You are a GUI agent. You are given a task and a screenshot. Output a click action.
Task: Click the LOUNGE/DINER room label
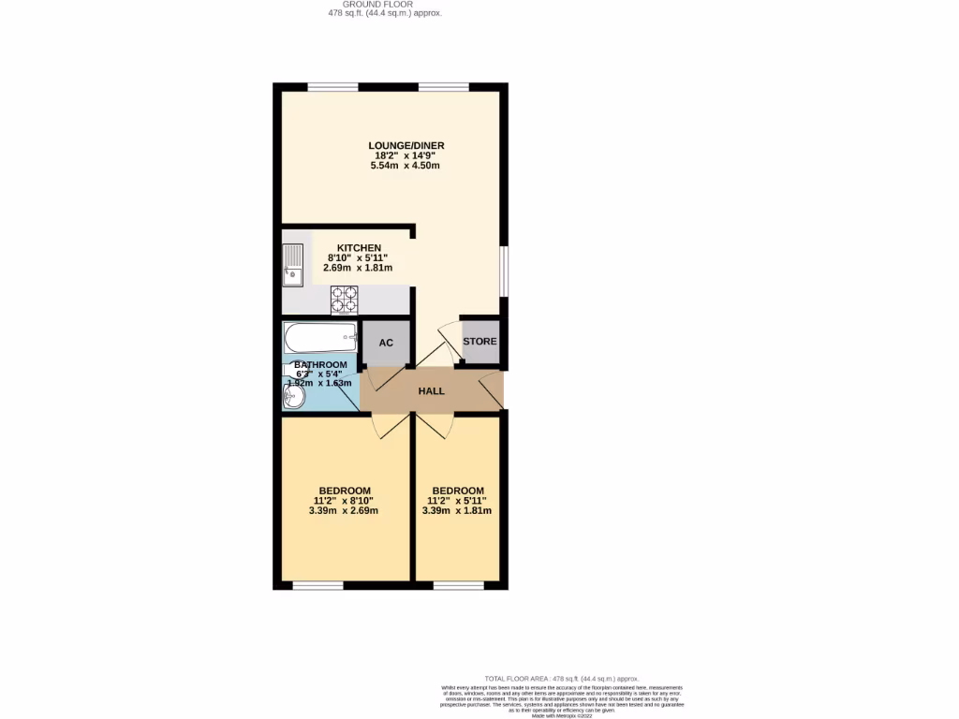406,146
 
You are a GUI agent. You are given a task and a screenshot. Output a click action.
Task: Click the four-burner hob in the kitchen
344,299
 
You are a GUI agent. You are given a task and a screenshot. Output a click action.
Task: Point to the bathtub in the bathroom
320,336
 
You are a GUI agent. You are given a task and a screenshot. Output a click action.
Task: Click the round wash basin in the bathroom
293,398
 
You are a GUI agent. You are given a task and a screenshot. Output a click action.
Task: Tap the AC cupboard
386,344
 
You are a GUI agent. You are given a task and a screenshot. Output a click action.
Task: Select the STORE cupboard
479,342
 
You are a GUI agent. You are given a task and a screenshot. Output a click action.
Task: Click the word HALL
431,391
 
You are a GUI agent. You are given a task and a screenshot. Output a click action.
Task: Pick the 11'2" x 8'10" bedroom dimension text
345,501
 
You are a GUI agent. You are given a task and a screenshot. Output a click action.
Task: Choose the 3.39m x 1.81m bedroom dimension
457,511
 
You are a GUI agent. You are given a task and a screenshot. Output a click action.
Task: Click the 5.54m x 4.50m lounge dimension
406,166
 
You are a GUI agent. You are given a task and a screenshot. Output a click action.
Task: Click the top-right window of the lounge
443,88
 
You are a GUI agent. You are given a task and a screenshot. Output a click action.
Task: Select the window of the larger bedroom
317,586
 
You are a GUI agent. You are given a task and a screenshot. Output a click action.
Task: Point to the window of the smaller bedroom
458,586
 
